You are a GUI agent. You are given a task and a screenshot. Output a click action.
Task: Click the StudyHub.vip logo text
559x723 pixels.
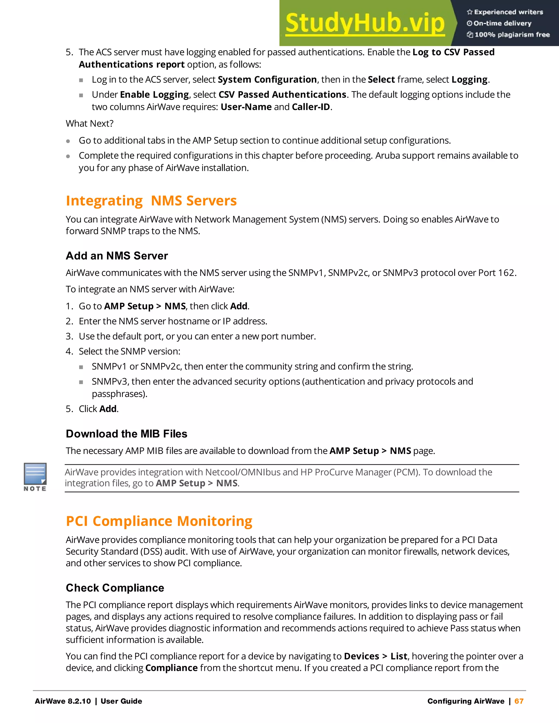(365, 23)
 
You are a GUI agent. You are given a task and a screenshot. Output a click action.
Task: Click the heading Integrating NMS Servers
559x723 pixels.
(151, 201)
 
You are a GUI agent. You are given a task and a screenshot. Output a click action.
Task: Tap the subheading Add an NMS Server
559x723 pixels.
(117, 256)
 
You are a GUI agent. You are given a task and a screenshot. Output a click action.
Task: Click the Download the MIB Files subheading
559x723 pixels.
(126, 434)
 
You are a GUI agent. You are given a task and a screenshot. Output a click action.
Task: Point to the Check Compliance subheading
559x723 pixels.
(115, 588)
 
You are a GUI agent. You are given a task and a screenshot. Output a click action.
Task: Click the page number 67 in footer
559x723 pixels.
(519, 701)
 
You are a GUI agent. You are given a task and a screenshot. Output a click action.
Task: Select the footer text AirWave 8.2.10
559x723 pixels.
(63, 701)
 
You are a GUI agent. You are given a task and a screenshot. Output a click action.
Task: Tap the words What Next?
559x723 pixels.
(90, 124)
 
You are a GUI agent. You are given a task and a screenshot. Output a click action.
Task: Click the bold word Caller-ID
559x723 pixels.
(311, 107)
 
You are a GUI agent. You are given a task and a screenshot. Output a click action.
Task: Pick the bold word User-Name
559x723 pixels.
(246, 107)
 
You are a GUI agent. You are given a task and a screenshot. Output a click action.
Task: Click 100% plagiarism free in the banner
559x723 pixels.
(512, 35)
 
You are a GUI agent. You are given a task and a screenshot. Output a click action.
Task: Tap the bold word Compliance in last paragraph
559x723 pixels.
(171, 668)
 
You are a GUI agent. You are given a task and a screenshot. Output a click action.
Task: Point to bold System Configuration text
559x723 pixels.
(267, 79)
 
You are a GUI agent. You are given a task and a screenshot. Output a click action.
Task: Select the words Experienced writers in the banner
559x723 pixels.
(508, 12)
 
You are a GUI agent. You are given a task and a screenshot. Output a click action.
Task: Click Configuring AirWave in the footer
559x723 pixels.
(466, 701)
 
